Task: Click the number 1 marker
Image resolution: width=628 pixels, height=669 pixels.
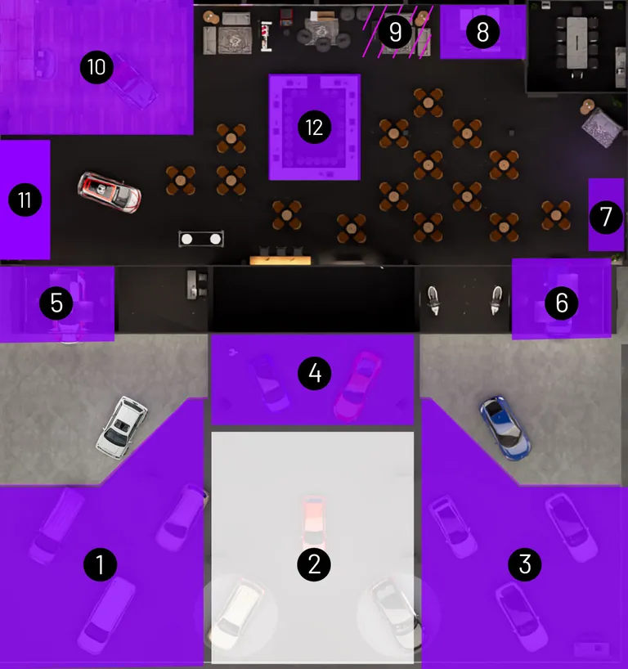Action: click(x=100, y=564)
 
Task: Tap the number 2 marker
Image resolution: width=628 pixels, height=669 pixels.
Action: click(x=314, y=564)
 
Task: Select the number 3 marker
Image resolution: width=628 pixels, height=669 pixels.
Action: click(x=525, y=564)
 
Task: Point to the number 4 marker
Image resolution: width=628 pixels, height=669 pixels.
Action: click(x=315, y=374)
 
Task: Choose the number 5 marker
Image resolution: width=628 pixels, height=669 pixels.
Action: click(x=56, y=303)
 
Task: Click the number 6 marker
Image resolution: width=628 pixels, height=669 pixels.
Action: click(x=562, y=303)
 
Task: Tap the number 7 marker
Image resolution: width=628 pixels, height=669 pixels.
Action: click(x=606, y=217)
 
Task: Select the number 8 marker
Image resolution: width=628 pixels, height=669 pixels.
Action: click(x=482, y=32)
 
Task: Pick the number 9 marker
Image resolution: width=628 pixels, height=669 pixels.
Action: click(x=395, y=32)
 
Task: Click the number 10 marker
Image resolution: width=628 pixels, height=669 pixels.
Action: click(x=96, y=67)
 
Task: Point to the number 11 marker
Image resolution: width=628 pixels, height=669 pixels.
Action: click(x=25, y=200)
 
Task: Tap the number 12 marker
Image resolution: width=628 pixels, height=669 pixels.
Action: click(x=315, y=127)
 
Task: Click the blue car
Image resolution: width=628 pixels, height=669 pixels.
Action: click(x=505, y=428)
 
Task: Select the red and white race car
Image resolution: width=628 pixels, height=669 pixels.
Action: click(x=110, y=192)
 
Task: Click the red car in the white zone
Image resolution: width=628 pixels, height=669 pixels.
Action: click(x=314, y=523)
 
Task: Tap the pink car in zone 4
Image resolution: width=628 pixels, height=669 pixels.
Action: click(x=357, y=386)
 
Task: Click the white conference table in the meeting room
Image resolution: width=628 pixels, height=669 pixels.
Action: click(x=576, y=43)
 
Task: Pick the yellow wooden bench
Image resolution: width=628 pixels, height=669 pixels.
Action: click(x=280, y=260)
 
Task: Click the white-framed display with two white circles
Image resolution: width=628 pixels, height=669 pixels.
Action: click(x=201, y=239)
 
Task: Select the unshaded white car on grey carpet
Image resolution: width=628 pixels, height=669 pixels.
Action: click(x=122, y=428)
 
